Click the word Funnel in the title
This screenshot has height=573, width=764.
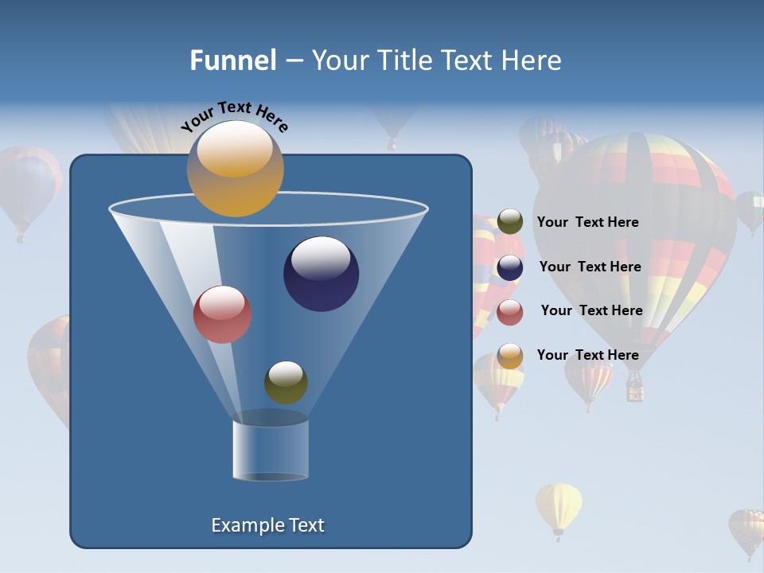(232, 60)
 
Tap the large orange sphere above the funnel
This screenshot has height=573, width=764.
(235, 170)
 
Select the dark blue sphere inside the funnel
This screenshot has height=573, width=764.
(321, 274)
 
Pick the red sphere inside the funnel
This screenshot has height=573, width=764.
(222, 314)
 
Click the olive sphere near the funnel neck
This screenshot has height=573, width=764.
(286, 383)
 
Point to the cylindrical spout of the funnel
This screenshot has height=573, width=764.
(271, 450)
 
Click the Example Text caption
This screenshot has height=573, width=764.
(267, 525)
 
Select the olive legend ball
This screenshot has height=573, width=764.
(510, 222)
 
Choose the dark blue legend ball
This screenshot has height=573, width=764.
(510, 267)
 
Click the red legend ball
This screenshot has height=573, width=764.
(510, 312)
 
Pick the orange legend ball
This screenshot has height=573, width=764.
(510, 356)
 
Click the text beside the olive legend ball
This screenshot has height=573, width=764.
(587, 223)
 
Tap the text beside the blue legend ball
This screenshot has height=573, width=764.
(590, 267)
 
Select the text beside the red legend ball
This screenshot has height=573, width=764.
(591, 311)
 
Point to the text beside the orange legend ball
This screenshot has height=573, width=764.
(587, 356)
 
